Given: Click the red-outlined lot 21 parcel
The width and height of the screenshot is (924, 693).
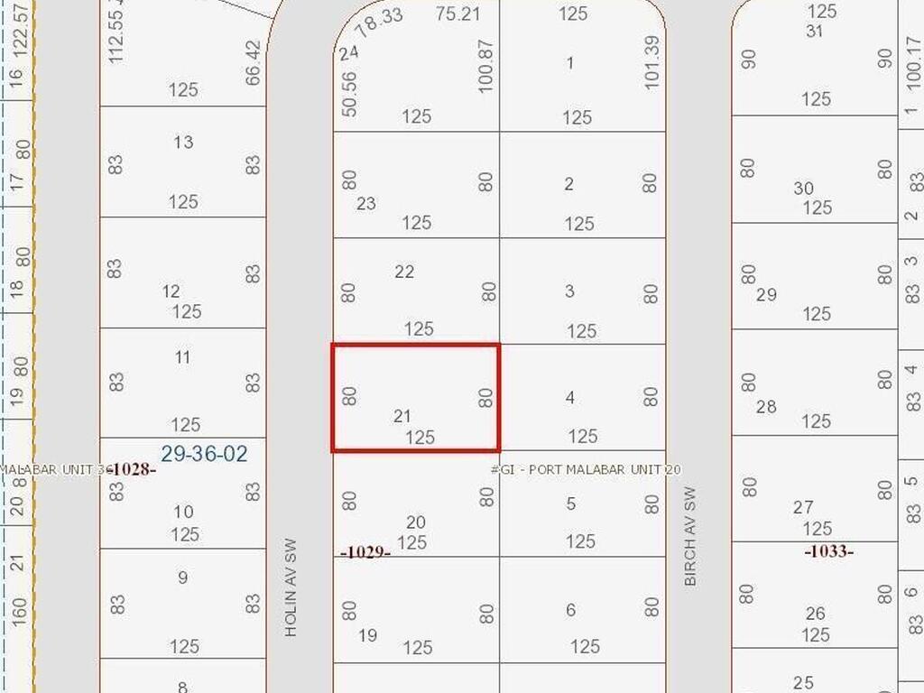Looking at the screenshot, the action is click(x=415, y=397).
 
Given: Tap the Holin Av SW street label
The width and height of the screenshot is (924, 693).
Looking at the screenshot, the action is click(x=291, y=588).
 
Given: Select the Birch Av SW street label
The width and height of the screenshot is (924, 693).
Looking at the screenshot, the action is click(x=691, y=537).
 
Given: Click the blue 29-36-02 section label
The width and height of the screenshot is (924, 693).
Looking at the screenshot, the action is click(x=204, y=454).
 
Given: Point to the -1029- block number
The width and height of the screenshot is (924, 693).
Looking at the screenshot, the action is click(x=365, y=551).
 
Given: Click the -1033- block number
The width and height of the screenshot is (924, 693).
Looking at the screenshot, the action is click(x=828, y=550).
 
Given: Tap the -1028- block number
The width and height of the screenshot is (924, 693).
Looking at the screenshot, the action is click(x=134, y=469).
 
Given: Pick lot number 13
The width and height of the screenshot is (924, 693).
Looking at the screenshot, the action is click(x=183, y=143).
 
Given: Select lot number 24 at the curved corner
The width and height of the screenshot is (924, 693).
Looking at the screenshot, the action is click(x=349, y=53).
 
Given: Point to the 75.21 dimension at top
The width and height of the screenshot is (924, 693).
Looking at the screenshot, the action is click(x=457, y=14).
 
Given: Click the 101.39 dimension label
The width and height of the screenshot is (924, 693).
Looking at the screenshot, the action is click(x=653, y=62).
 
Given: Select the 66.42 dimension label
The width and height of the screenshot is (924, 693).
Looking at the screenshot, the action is click(x=253, y=60).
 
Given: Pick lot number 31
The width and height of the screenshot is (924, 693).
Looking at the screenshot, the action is click(x=815, y=31).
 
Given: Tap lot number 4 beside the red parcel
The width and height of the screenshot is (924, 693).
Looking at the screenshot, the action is click(x=569, y=397).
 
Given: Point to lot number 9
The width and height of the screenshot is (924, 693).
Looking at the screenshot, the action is click(x=183, y=577).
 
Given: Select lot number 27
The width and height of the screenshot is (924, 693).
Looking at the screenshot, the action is click(x=803, y=508).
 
